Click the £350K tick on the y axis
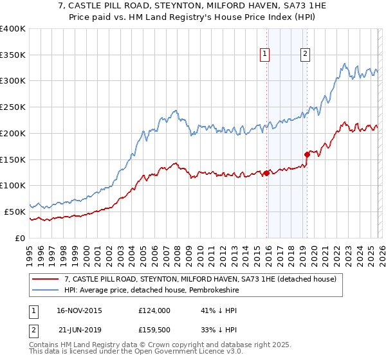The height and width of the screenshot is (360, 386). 13,55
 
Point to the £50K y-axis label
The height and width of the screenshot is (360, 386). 15,212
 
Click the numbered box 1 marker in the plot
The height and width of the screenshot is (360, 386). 265,55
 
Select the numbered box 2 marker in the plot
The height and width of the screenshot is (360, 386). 304,55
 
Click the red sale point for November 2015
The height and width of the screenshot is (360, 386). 266,173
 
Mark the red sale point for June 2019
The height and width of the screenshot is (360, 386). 307,154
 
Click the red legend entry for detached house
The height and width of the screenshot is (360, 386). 200,279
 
